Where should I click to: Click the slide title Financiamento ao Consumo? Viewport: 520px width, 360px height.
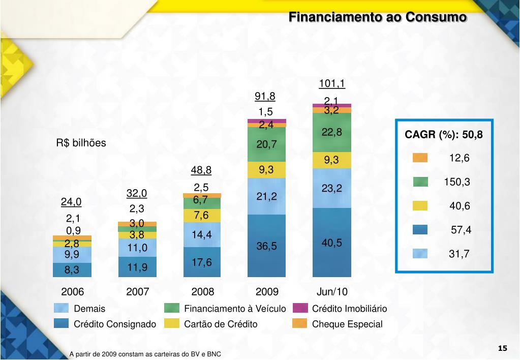pos(377,17)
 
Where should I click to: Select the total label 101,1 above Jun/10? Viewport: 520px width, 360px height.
pos(332,83)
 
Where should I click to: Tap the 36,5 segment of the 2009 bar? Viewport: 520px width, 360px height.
pos(267,246)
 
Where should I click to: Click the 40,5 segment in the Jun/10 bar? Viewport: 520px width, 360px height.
pos(332,243)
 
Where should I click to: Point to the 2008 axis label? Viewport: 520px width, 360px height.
pos(203,292)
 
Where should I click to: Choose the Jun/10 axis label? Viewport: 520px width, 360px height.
pos(332,292)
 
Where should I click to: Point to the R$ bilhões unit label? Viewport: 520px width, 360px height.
pos(81,143)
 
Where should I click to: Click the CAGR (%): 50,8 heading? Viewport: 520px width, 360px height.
pos(444,135)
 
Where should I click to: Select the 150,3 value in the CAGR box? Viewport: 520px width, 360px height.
pos(457,182)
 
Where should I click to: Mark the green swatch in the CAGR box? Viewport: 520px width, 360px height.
pos(420,182)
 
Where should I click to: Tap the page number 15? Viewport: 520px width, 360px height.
pos(502,348)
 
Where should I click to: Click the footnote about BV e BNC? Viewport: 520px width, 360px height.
pos(145,354)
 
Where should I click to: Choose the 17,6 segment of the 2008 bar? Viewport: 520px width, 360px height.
pos(202,262)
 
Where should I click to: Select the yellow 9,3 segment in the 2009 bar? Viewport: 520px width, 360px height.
pos(267,170)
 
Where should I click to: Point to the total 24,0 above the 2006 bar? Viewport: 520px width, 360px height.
pos(71,202)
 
